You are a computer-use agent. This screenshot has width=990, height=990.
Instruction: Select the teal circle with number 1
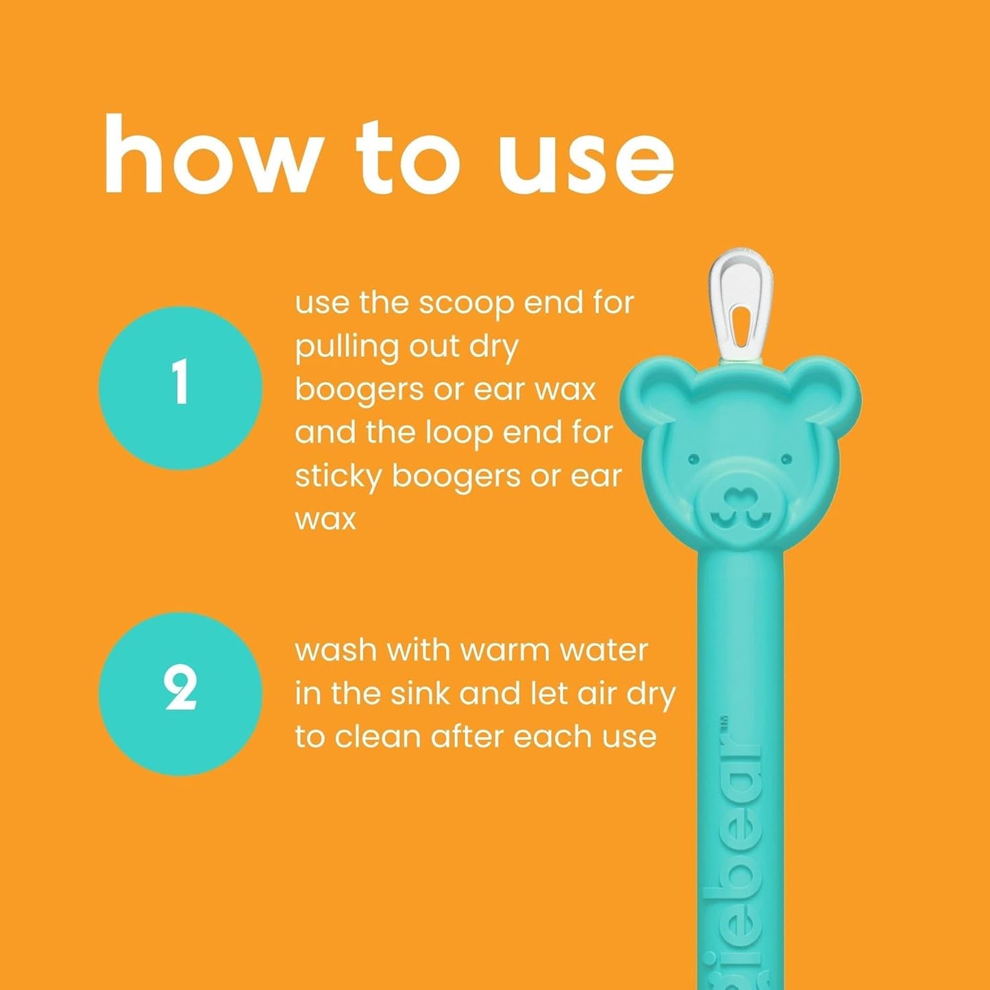pos(180,387)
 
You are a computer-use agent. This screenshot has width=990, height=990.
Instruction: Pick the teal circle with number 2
pos(180,693)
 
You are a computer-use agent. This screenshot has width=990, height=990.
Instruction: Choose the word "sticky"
pos(337,477)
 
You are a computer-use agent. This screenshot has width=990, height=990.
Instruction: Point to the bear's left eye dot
pos(692,457)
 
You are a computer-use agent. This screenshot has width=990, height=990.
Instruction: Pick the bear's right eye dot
pos(786,458)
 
